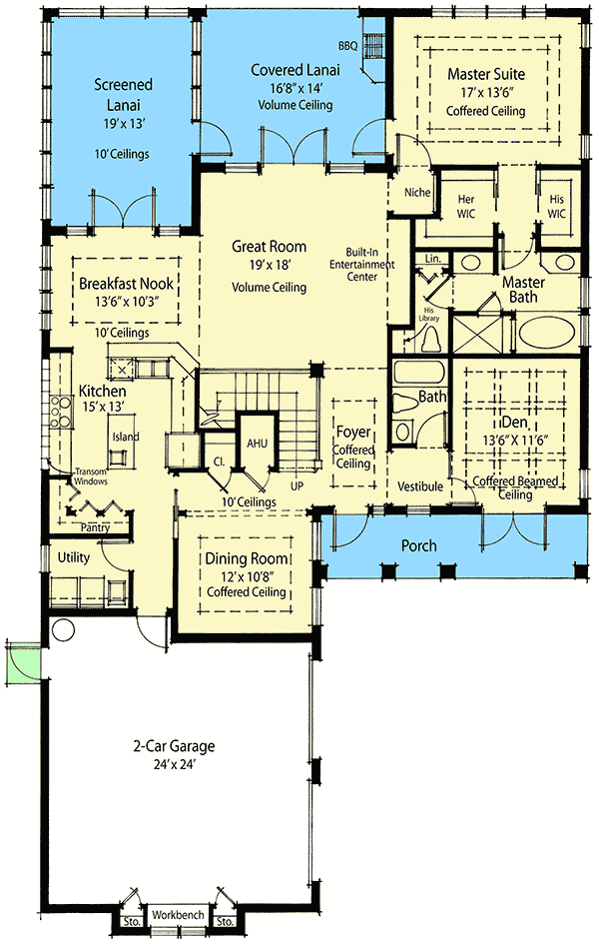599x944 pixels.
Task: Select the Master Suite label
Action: [486, 73]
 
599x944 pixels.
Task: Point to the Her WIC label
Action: [466, 206]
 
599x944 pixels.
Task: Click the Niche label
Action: [416, 193]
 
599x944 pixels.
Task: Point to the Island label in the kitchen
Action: [126, 437]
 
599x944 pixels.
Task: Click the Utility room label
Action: [74, 556]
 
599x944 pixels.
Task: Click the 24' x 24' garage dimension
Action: [175, 764]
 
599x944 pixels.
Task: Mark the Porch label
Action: [419, 546]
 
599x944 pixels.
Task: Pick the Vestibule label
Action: [420, 485]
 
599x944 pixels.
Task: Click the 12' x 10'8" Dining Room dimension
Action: [247, 575]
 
